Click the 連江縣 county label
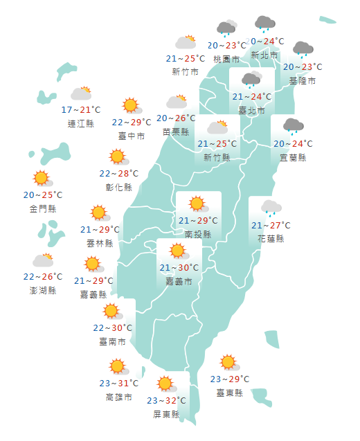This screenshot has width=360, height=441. [81, 124]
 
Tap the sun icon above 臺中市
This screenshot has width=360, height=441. [131, 106]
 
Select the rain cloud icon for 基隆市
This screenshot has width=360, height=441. [303, 49]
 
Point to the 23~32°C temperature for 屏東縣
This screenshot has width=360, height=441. [166, 400]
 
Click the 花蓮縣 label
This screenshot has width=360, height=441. [271, 239]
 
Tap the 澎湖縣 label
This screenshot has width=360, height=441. [43, 290]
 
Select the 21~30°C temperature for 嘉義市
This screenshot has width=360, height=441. [179, 268]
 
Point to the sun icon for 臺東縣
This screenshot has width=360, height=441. [228, 363]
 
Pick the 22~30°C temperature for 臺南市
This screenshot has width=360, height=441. [112, 327]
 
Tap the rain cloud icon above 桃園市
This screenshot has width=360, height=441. [226, 28]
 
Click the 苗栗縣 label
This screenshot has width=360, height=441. [176, 132]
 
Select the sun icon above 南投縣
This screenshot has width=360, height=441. [197, 204]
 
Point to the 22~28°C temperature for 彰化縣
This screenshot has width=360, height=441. [118, 173]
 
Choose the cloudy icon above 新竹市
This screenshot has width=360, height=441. [185, 43]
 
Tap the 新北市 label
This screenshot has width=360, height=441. [264, 55]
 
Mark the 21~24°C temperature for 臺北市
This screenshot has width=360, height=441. [251, 97]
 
